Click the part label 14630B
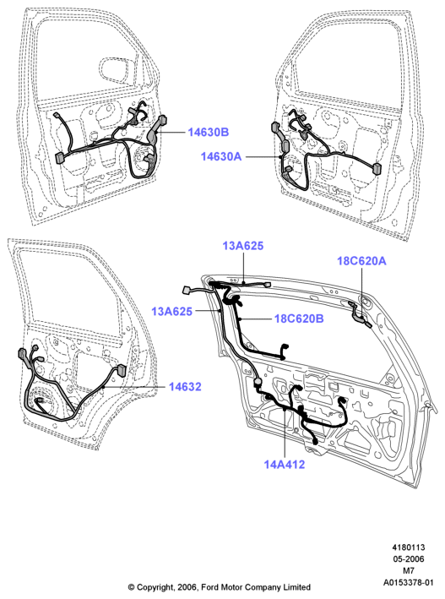coord(209,132)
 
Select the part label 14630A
coord(221,156)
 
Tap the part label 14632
coord(185,387)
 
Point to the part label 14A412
coord(285,465)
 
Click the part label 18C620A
coord(361,261)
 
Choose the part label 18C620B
coord(299,319)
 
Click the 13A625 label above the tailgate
coord(243,246)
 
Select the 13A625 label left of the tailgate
coord(172,312)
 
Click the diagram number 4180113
coord(409,547)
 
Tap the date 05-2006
coord(409,559)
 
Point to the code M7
coord(409,571)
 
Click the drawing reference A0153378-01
coord(409,583)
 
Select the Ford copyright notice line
coord(220,587)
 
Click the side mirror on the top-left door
coord(117,69)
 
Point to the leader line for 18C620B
coord(255,319)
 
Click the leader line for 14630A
coord(263,156)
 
